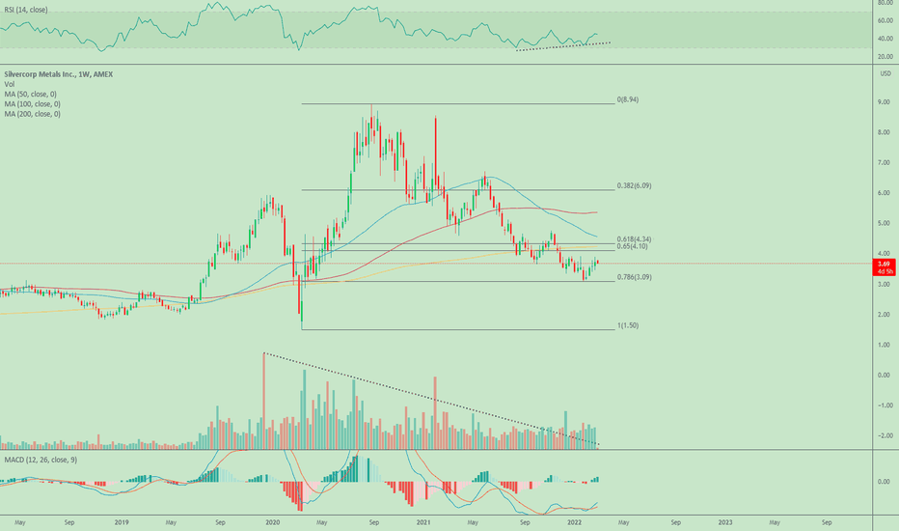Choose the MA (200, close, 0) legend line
coord(32,114)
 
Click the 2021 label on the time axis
coord(423,521)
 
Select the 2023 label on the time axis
coord(724,521)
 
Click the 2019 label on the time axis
coord(121,521)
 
